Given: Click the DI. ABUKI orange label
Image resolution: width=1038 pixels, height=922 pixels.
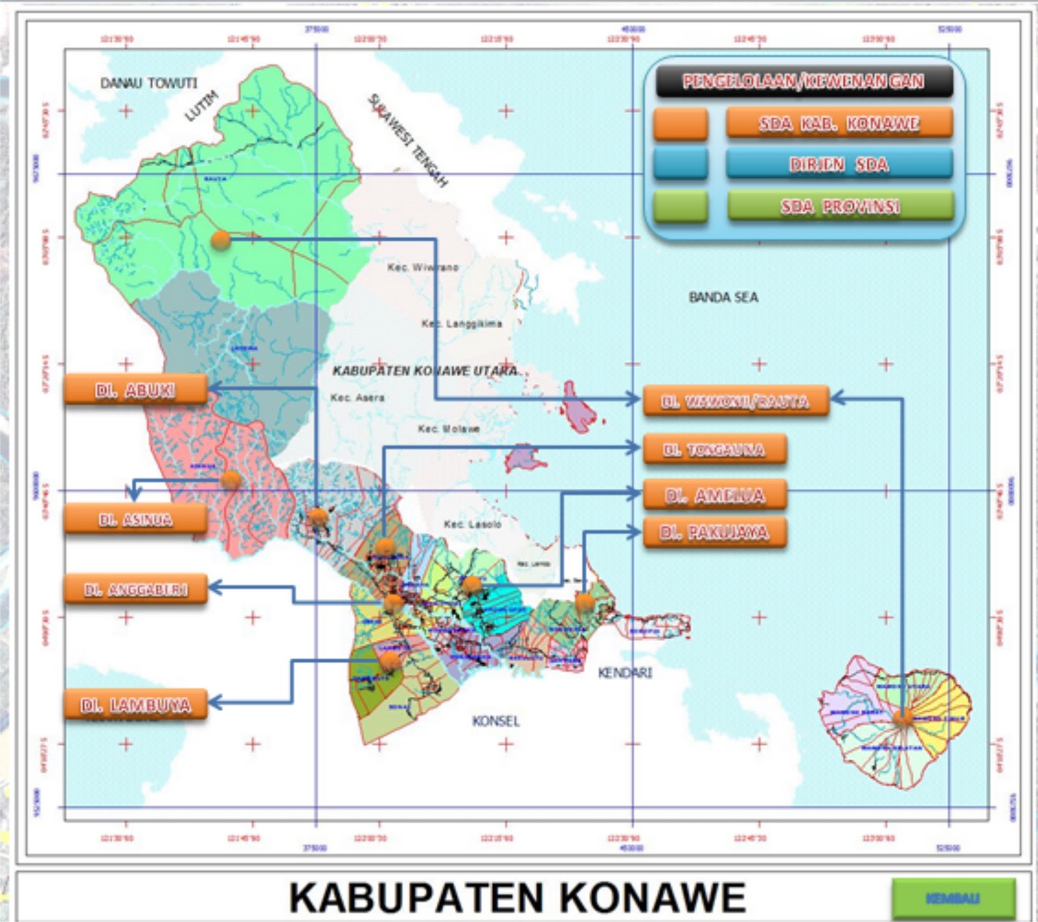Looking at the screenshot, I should (136, 390).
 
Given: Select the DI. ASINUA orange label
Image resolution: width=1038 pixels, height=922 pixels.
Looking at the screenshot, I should (136, 519).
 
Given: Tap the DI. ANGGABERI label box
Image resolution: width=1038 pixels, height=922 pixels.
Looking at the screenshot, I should (136, 589).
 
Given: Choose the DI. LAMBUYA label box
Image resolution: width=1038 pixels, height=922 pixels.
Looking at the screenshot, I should (136, 705).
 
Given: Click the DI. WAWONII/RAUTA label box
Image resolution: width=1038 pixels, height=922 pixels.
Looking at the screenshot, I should (736, 401).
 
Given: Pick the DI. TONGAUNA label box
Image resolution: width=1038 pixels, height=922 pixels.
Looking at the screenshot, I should (714, 449).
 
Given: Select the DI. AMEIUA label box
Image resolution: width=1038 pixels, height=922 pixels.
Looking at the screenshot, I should (714, 495).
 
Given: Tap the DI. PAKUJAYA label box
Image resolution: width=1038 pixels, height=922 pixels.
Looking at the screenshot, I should (714, 532).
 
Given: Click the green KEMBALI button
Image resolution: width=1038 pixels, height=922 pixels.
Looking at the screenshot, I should (952, 898).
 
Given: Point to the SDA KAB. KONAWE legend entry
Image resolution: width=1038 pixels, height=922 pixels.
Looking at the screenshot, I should (839, 123).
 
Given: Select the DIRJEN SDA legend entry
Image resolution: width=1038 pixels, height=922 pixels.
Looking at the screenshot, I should (839, 164).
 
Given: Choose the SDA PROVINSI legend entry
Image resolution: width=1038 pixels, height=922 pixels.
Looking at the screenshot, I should (840, 206).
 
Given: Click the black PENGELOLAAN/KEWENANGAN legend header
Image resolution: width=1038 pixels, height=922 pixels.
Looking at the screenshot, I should (804, 81).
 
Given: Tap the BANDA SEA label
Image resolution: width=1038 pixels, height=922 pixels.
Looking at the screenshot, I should (723, 297).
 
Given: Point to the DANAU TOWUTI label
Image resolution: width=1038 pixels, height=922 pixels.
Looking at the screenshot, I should (149, 83).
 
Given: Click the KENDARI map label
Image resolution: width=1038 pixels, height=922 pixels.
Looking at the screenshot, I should (625, 672).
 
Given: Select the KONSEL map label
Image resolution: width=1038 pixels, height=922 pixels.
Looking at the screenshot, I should (496, 721).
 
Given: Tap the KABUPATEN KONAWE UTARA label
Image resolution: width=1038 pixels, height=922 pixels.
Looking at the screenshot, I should (425, 370).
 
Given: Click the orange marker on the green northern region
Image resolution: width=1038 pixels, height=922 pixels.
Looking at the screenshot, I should (221, 240).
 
